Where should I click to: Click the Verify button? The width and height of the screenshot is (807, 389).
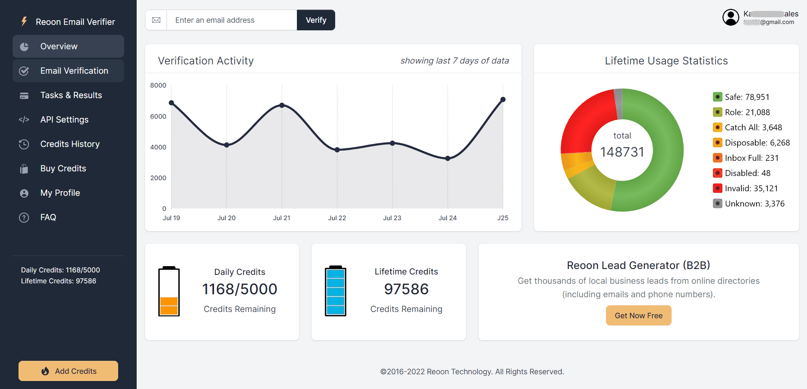point(316,20)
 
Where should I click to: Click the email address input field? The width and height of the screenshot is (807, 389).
point(231,20)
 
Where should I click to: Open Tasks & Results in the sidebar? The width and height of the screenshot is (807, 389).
point(71,95)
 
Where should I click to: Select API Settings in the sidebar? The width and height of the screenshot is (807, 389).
point(64,120)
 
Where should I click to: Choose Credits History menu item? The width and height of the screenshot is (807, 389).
point(70,144)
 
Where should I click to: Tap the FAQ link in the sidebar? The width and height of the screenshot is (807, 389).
point(48,217)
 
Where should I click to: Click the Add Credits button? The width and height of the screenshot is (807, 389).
point(68,371)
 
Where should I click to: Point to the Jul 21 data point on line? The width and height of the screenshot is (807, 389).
point(282,105)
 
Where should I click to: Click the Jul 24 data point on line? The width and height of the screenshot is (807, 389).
point(447,158)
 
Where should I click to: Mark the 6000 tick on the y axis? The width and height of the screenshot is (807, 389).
point(158,116)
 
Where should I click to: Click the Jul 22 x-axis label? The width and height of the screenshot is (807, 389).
point(337,218)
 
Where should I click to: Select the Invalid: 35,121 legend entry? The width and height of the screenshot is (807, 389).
point(751,188)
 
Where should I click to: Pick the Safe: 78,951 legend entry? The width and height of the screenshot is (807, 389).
point(747,97)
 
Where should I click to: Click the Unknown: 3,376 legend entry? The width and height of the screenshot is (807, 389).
point(754,203)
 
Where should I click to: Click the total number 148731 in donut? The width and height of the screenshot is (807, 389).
point(622,152)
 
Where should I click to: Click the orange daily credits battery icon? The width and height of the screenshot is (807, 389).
point(169,291)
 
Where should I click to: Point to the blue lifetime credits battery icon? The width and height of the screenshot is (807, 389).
point(335,291)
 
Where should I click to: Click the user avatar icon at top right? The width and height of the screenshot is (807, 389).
point(730,17)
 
